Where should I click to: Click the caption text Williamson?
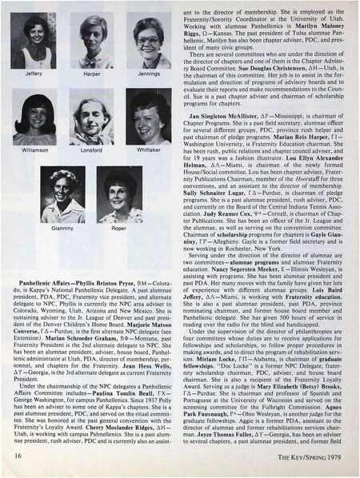click(34, 149)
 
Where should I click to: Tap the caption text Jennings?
click(149, 74)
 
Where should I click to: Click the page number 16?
click(17, 453)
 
